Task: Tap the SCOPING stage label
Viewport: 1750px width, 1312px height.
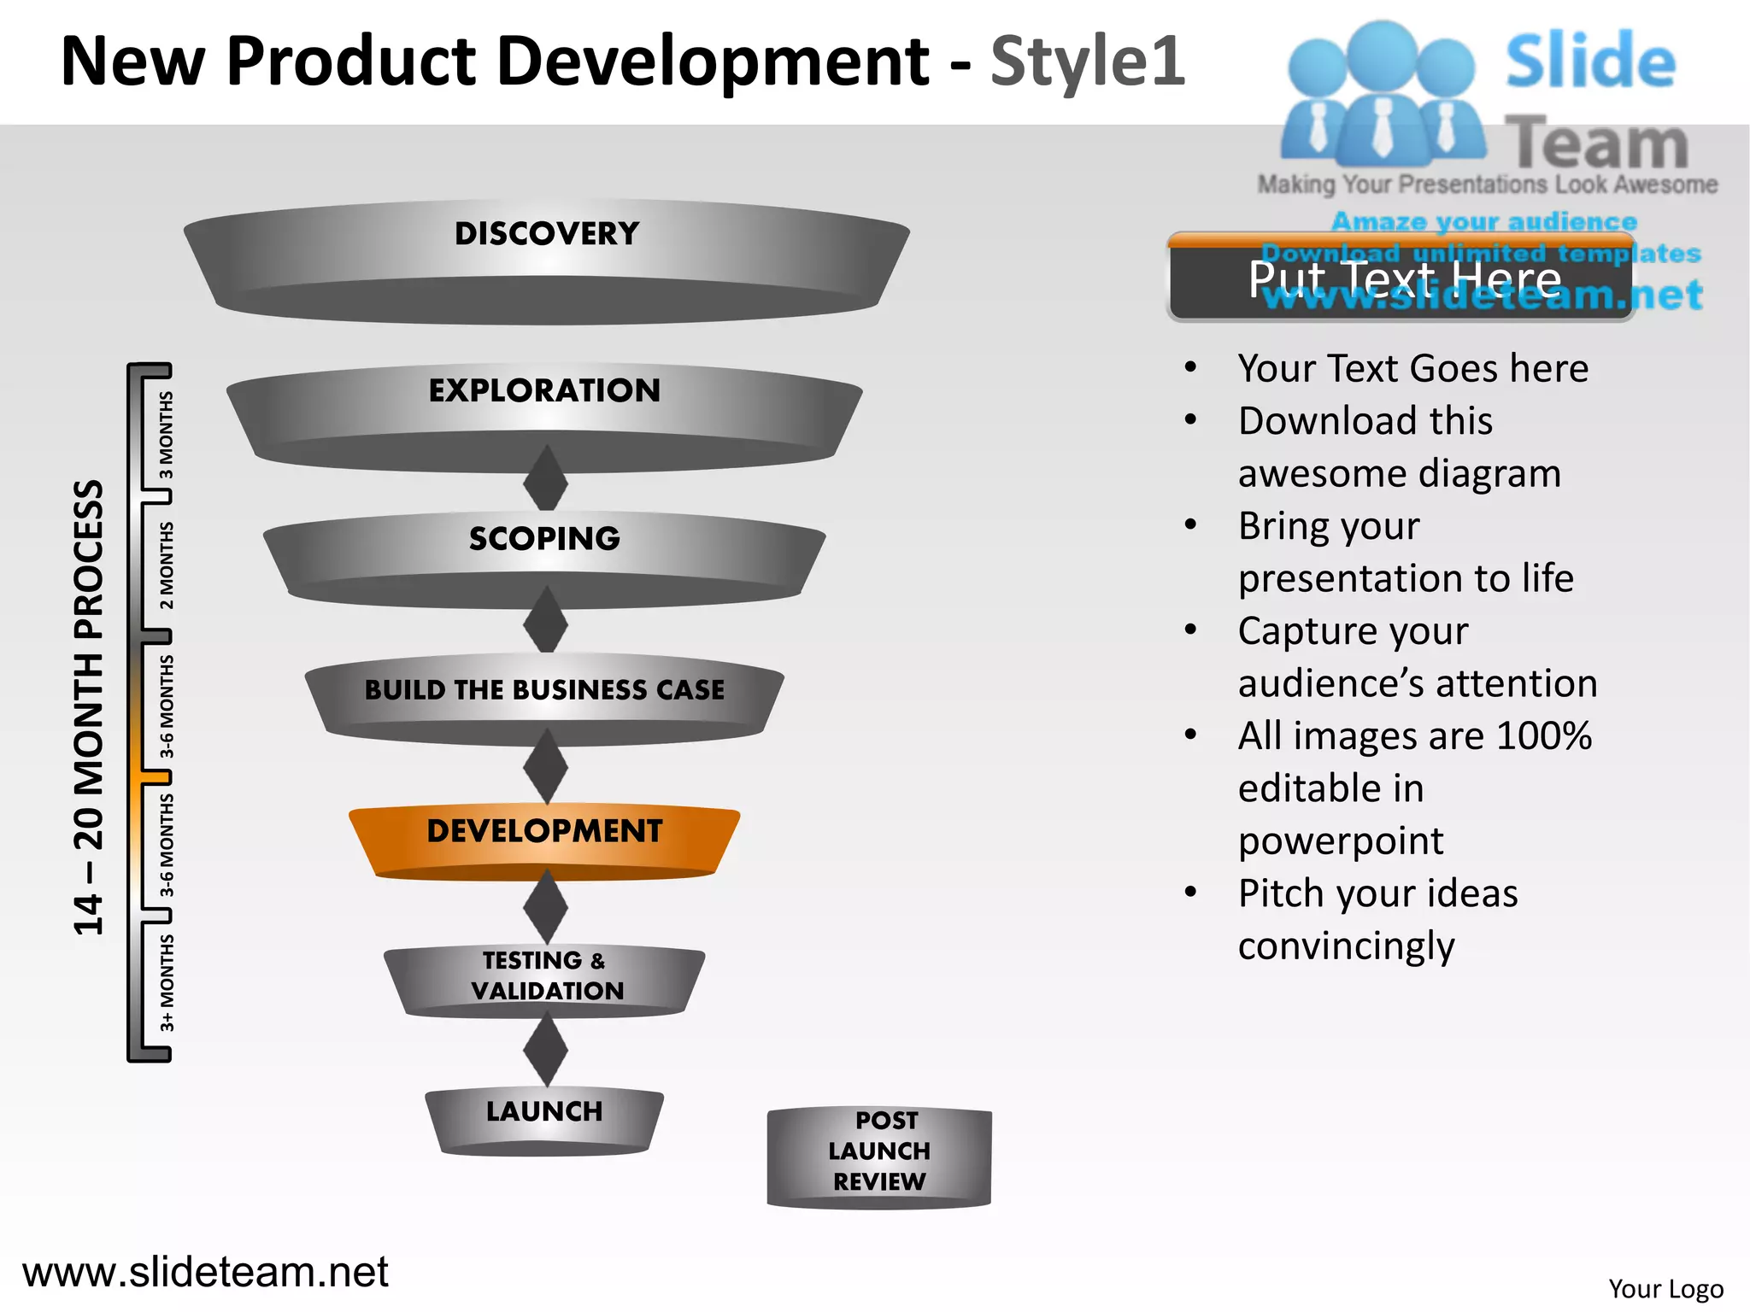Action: (544, 539)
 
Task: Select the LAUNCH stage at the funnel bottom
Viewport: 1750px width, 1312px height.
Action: (544, 1115)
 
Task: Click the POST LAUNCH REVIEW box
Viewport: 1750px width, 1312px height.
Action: (879, 1153)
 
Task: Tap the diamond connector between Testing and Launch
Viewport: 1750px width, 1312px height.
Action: (545, 1050)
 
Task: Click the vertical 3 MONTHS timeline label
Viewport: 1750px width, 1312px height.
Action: (167, 435)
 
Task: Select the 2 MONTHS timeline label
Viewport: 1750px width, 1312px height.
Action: (167, 565)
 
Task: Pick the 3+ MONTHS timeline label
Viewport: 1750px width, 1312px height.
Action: (167, 982)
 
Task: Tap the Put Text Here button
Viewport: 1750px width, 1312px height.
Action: (1401, 278)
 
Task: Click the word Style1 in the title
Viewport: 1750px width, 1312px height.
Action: (1087, 61)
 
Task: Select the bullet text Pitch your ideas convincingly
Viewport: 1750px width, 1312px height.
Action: (1377, 919)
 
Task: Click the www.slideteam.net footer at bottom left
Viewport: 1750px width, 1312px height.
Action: (205, 1272)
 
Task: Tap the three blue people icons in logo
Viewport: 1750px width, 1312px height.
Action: (1382, 94)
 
